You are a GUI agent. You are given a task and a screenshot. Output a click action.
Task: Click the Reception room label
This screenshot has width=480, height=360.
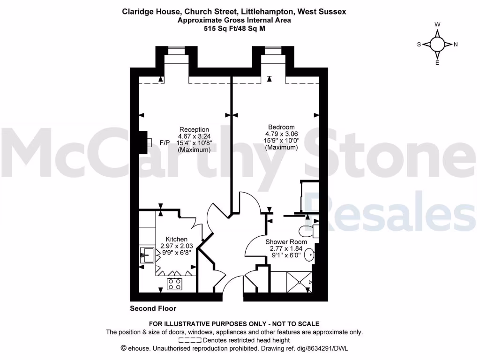(194, 129)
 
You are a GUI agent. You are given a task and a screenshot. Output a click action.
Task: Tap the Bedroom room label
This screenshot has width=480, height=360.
(281, 127)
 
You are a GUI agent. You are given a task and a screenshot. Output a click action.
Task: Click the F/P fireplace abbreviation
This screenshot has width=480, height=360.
(165, 142)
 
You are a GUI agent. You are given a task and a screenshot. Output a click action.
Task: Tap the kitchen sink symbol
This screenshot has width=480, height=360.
(147, 256)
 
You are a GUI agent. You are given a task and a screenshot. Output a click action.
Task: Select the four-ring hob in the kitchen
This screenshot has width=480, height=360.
(175, 284)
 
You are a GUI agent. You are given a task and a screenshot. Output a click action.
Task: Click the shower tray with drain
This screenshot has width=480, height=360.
(299, 281)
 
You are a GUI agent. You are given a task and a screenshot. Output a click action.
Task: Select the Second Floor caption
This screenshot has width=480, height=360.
(153, 308)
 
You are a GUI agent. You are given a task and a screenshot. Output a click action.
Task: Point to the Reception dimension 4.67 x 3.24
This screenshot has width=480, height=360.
(194, 136)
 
